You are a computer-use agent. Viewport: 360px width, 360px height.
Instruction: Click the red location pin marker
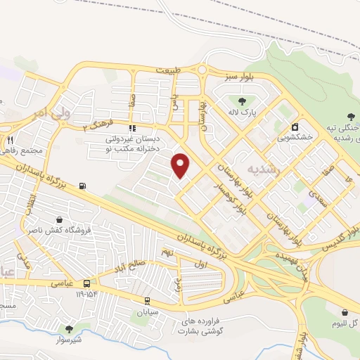point(181,165)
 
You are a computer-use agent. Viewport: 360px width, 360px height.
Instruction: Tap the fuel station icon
point(84,186)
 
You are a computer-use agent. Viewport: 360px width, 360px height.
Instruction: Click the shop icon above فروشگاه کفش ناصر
point(61,219)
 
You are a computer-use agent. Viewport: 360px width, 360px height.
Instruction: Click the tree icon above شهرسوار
point(69,328)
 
